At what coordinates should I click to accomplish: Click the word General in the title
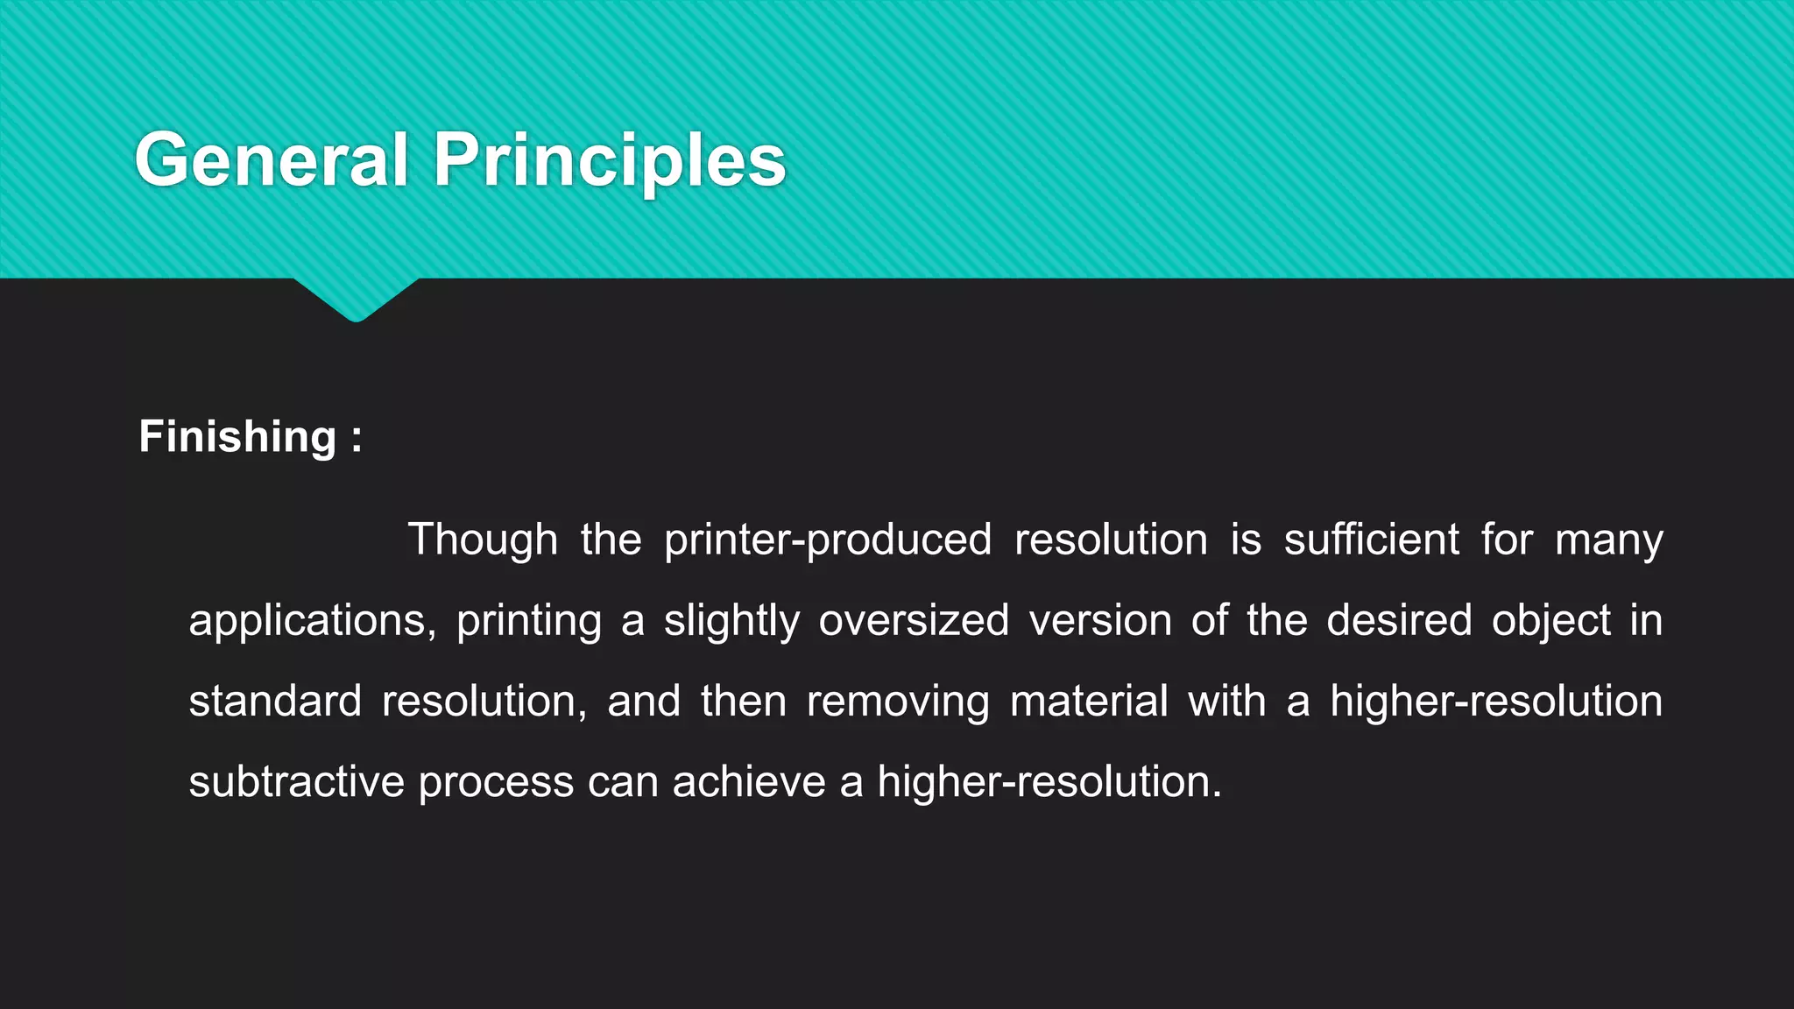[272, 160]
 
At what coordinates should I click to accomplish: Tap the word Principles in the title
[610, 160]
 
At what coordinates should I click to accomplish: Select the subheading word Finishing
[237, 437]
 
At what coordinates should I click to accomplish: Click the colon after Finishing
[357, 437]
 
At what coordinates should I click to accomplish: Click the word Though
[483, 540]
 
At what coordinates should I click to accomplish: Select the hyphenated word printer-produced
[828, 540]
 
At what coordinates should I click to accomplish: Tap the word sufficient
[1372, 540]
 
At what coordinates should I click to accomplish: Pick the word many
[1609, 540]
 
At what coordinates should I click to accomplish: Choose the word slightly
[731, 621]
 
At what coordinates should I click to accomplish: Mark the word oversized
[914, 621]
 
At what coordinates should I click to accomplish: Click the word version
[1100, 621]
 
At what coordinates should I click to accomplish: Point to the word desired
[1399, 621]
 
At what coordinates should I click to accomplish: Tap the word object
[1551, 621]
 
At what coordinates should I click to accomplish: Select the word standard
[275, 702]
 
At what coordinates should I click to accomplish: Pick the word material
[1089, 702]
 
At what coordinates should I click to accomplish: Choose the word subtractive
[296, 782]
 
